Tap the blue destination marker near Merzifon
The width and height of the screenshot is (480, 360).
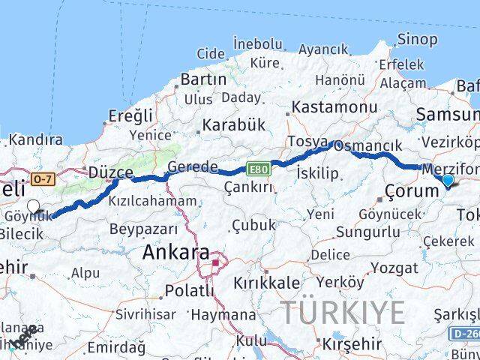click(x=448, y=181)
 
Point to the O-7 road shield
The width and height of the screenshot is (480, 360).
click(x=44, y=178)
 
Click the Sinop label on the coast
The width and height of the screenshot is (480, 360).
click(x=418, y=37)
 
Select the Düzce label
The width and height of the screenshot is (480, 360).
click(x=110, y=172)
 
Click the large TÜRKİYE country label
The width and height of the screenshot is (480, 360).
click(x=343, y=313)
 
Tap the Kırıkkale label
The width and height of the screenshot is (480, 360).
click(x=266, y=283)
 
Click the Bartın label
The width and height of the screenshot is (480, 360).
click(x=203, y=79)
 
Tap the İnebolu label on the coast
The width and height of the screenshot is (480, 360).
click(x=258, y=43)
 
